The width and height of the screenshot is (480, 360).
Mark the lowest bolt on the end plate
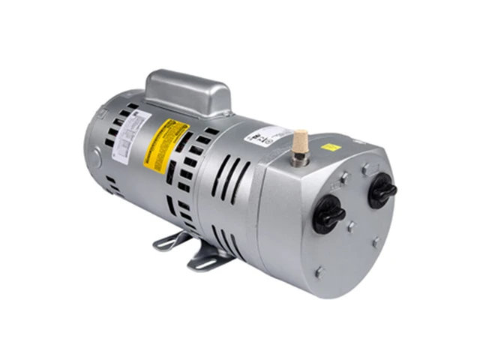(319, 271)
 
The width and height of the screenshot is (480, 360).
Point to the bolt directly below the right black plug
(376, 241)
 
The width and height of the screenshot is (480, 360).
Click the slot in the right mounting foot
(202, 261)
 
